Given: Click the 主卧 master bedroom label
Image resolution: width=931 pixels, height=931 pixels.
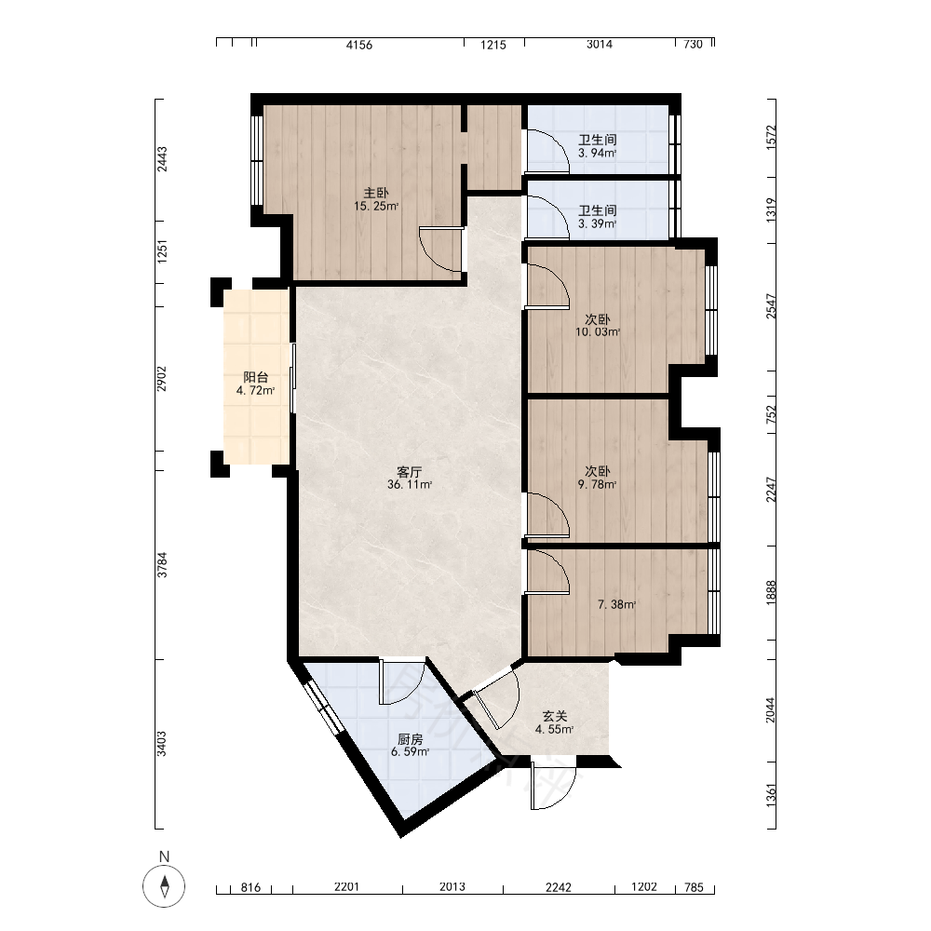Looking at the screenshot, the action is [376, 193].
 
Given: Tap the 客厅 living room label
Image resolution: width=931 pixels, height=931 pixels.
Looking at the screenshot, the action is [409, 472].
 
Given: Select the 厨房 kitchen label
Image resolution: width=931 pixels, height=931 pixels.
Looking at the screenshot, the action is [411, 739].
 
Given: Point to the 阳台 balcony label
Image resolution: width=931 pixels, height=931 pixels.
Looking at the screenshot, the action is [256, 377].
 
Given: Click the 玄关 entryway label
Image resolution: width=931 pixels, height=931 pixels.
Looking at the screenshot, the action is [555, 717].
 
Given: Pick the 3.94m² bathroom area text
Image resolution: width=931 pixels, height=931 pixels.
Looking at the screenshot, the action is [598, 154].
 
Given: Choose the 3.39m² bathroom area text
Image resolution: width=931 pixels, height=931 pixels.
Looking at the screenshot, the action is [598, 223].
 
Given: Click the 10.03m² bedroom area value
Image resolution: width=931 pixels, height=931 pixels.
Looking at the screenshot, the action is [598, 332].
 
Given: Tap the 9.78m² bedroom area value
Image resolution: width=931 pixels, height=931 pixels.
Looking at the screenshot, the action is [598, 484].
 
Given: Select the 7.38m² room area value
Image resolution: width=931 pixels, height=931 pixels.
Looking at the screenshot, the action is [617, 604].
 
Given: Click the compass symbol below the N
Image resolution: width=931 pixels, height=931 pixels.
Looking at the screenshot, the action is [164, 886].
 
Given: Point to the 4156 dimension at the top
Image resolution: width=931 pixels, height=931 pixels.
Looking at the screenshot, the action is [359, 45].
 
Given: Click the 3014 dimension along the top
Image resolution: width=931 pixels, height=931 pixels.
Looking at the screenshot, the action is [599, 45].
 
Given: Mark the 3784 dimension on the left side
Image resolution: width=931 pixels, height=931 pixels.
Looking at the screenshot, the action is [162, 565].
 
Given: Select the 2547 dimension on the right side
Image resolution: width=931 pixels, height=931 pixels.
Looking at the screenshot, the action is [771, 306].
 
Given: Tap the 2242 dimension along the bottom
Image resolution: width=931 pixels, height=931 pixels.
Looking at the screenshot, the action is [558, 887].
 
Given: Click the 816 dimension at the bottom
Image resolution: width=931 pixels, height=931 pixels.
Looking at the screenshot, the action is [250, 887].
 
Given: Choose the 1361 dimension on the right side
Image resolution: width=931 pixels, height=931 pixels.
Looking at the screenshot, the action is [771, 796].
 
